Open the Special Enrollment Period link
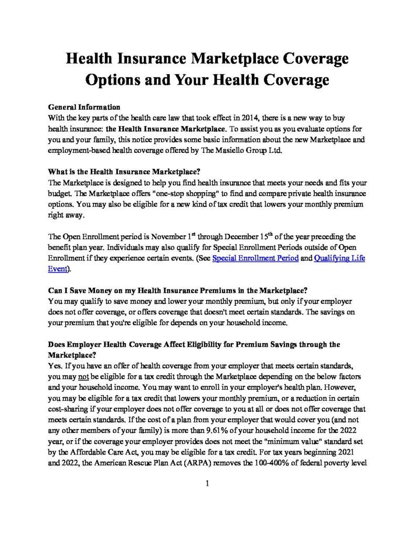[255, 258]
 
